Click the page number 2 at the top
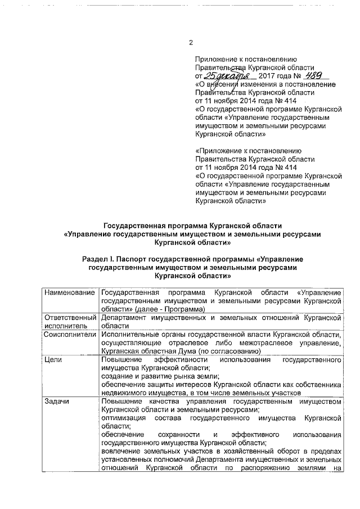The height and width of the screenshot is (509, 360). tap(191, 43)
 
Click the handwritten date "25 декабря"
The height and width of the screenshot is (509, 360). tap(223, 75)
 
